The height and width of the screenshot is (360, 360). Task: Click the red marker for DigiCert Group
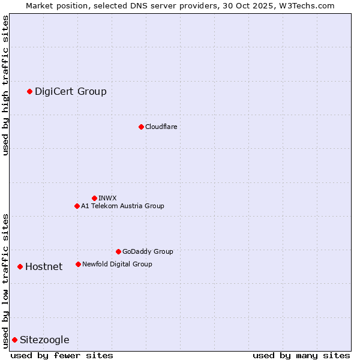[x=29, y=91]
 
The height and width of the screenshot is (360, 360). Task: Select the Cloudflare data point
[x=141, y=127]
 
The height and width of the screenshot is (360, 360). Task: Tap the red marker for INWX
[x=94, y=198]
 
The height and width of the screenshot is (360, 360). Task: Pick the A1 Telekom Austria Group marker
[x=77, y=206]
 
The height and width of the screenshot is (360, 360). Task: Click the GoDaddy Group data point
[x=118, y=251]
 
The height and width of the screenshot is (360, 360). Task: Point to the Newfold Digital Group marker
[x=78, y=264]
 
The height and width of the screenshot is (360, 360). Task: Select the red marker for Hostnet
[x=20, y=266]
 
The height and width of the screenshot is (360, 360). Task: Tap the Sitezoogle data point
[x=14, y=340]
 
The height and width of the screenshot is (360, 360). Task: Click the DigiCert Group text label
[x=71, y=91]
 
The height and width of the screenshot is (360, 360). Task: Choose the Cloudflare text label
[x=161, y=127]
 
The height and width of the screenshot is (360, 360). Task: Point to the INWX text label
[x=107, y=198]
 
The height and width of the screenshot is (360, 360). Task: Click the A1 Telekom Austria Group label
[x=122, y=206]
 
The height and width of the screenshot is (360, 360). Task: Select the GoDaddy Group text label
[x=148, y=251]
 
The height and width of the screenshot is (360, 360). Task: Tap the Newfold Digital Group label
[x=117, y=264]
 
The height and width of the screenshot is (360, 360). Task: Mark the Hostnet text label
[x=44, y=266]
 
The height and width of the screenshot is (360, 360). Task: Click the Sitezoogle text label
[x=44, y=340]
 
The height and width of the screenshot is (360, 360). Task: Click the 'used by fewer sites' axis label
[x=62, y=355]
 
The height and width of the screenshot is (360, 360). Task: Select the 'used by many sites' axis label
[x=301, y=355]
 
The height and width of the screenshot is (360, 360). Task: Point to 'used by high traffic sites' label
[x=5, y=85]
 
